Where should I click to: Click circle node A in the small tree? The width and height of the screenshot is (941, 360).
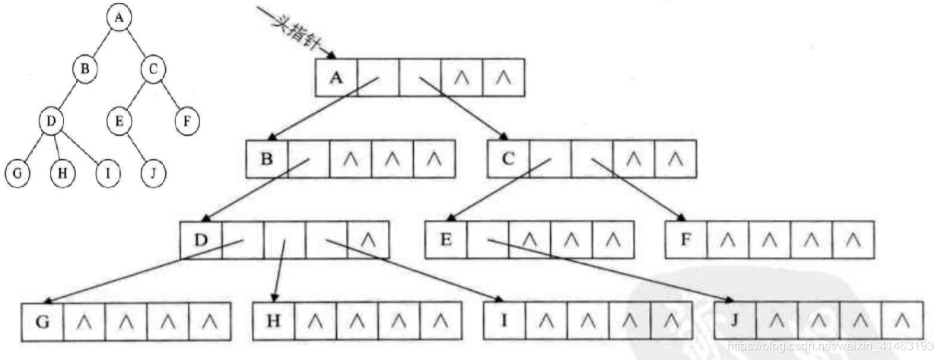point(118,18)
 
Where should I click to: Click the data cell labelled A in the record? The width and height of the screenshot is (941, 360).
point(336,77)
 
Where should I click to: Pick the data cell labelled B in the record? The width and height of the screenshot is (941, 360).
point(268,159)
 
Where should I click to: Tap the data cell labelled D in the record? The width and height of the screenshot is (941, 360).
point(201,240)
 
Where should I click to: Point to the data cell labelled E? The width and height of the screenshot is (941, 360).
point(446,240)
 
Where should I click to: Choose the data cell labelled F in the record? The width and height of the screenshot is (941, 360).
point(685,240)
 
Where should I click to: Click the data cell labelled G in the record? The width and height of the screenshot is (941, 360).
point(43,320)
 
